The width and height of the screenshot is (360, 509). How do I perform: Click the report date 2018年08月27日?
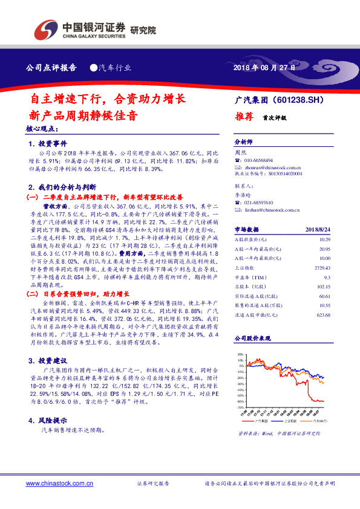pos(266,68)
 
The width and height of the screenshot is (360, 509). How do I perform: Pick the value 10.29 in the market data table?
pos(341,240)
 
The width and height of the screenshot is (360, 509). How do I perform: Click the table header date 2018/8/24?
pos(336,230)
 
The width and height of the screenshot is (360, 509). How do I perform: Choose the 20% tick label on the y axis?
pos(241,354)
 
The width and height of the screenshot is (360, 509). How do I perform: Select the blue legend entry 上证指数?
pos(291,421)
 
